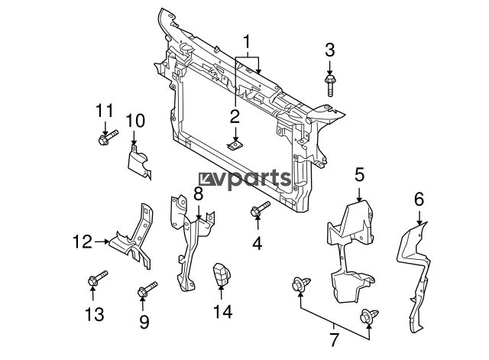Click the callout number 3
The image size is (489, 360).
point(330,50)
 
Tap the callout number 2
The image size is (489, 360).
point(235,116)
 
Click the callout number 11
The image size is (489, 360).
point(105,110)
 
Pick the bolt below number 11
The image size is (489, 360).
point(107,138)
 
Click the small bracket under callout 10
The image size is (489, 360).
point(138,160)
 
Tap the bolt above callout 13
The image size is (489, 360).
point(97,280)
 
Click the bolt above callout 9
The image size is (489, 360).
point(146,291)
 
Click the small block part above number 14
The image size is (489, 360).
point(222,274)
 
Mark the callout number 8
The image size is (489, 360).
point(199,194)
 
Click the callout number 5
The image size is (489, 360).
point(359,175)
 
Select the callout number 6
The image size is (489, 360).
point(419,199)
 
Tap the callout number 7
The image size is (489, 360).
point(334,338)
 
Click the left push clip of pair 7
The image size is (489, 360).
point(299,286)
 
